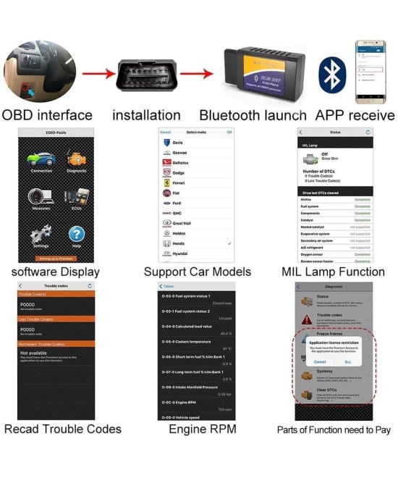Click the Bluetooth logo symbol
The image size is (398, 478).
pos(332,72)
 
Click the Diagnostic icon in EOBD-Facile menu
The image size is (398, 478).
pos(76,159)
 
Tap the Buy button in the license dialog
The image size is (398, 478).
pos(347,361)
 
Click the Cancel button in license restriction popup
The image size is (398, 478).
pos(320,361)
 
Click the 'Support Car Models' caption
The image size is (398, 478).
pos(198,272)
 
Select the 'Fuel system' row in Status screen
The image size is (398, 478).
pos(334,206)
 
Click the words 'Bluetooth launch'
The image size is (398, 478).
pos(253,115)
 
